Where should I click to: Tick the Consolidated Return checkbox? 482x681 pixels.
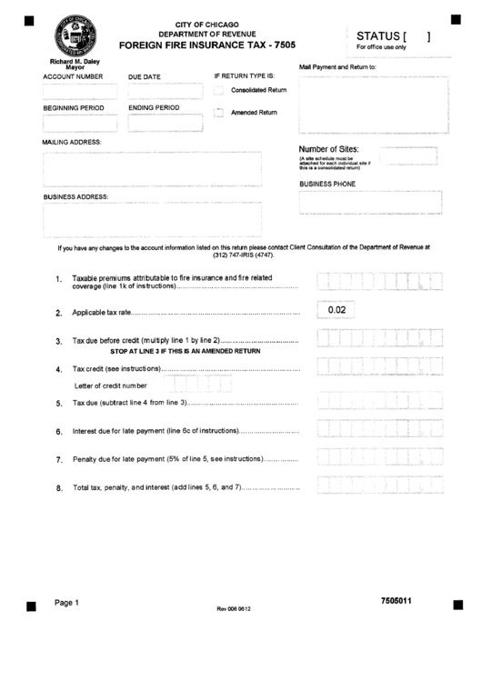click(x=218, y=90)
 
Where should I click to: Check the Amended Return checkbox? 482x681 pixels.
click(x=218, y=113)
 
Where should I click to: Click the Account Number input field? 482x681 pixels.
click(x=80, y=92)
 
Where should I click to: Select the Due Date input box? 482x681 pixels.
click(x=164, y=92)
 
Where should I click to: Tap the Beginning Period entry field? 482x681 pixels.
click(x=80, y=123)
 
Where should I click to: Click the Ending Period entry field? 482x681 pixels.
click(x=164, y=123)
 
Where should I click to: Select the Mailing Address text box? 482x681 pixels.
click(x=152, y=167)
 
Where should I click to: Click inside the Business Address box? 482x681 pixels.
click(x=152, y=218)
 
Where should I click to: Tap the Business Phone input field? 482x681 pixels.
click(x=369, y=203)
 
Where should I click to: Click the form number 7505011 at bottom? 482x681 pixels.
click(x=402, y=601)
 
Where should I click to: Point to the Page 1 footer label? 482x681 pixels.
click(x=66, y=602)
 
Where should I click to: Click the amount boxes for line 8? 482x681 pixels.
click(x=379, y=487)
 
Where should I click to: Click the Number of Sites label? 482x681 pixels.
click(x=329, y=149)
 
